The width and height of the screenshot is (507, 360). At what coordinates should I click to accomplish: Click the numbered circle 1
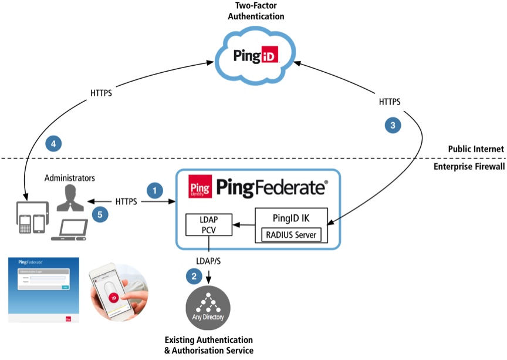tap(154, 190)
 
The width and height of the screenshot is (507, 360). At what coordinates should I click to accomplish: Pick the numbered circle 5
tap(100, 215)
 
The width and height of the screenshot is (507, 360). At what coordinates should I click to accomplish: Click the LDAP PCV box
tap(209, 224)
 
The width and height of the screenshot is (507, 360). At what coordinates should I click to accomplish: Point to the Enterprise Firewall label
tap(468, 167)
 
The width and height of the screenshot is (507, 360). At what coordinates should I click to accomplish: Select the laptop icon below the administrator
tap(69, 230)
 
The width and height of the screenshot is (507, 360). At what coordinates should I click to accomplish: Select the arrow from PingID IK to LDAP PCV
tap(244, 224)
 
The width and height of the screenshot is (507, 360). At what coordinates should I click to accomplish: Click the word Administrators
tap(69, 177)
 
